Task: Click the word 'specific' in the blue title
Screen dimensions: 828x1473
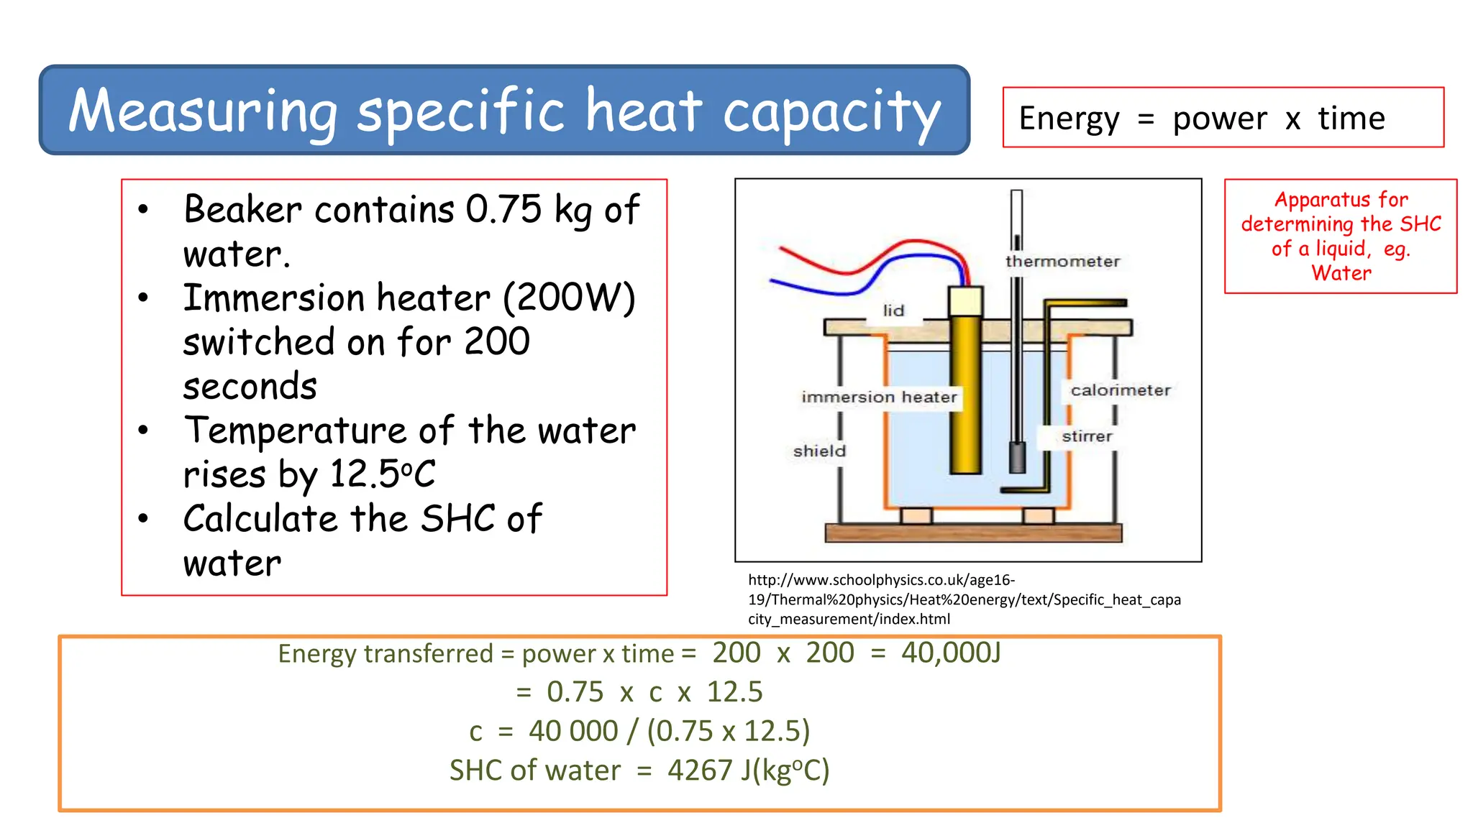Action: pyautogui.click(x=460, y=111)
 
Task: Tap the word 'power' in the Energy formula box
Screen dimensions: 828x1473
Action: pyautogui.click(x=1220, y=119)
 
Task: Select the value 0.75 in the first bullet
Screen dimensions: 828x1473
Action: pyautogui.click(x=503, y=210)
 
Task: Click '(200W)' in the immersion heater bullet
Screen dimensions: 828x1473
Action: pyautogui.click(x=568, y=298)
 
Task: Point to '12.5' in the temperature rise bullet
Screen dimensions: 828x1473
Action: pyautogui.click(x=364, y=474)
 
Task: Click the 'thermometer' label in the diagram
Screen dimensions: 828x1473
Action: pyautogui.click(x=1062, y=262)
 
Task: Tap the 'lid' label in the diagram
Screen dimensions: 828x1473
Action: pyautogui.click(x=893, y=310)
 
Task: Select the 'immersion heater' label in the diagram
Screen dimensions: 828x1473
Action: pyautogui.click(x=879, y=397)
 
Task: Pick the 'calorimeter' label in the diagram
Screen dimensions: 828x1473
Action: pyautogui.click(x=1121, y=390)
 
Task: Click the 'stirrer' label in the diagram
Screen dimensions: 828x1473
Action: pyautogui.click(x=1087, y=436)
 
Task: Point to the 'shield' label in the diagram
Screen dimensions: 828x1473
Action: pyautogui.click(x=819, y=451)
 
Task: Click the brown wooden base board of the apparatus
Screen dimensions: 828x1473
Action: pyautogui.click(x=972, y=533)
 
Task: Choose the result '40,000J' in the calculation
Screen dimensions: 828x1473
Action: pyautogui.click(x=951, y=653)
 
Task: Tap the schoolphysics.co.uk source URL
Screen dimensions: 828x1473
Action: pyautogui.click(x=964, y=599)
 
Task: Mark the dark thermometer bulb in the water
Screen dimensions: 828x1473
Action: pyautogui.click(x=1017, y=457)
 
